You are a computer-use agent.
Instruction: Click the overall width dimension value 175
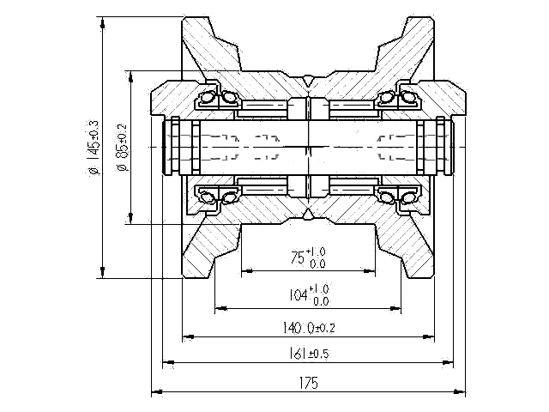pos(310,383)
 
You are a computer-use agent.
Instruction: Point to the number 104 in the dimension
pos(298,294)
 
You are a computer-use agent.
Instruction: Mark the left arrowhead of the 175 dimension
pos(155,393)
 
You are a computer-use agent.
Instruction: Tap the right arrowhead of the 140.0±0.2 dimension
pos(431,337)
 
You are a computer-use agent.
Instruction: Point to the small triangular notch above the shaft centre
pos(307,82)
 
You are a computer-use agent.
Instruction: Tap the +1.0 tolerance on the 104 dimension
pos(321,288)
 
